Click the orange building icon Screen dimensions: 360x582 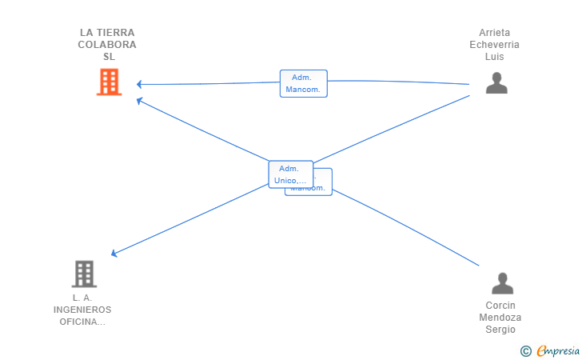(109, 82)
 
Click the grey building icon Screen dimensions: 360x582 (84, 274)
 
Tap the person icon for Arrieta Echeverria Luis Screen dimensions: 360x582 (496, 82)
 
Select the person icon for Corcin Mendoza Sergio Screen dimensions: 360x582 (502, 283)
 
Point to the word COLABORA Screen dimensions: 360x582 (107, 45)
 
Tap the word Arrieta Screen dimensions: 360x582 (494, 33)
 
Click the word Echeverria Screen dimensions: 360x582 (494, 45)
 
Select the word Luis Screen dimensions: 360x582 (494, 57)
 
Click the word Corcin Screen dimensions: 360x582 (501, 306)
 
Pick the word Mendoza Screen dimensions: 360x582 (501, 318)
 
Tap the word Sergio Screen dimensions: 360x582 (501, 330)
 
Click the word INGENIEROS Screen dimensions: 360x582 (82, 310)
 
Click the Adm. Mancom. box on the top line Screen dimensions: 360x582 (303, 83)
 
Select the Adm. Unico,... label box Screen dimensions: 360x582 (290, 174)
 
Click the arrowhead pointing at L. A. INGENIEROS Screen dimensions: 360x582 (114, 254)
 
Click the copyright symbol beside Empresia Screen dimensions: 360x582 (526, 350)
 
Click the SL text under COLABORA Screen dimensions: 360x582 (109, 57)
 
